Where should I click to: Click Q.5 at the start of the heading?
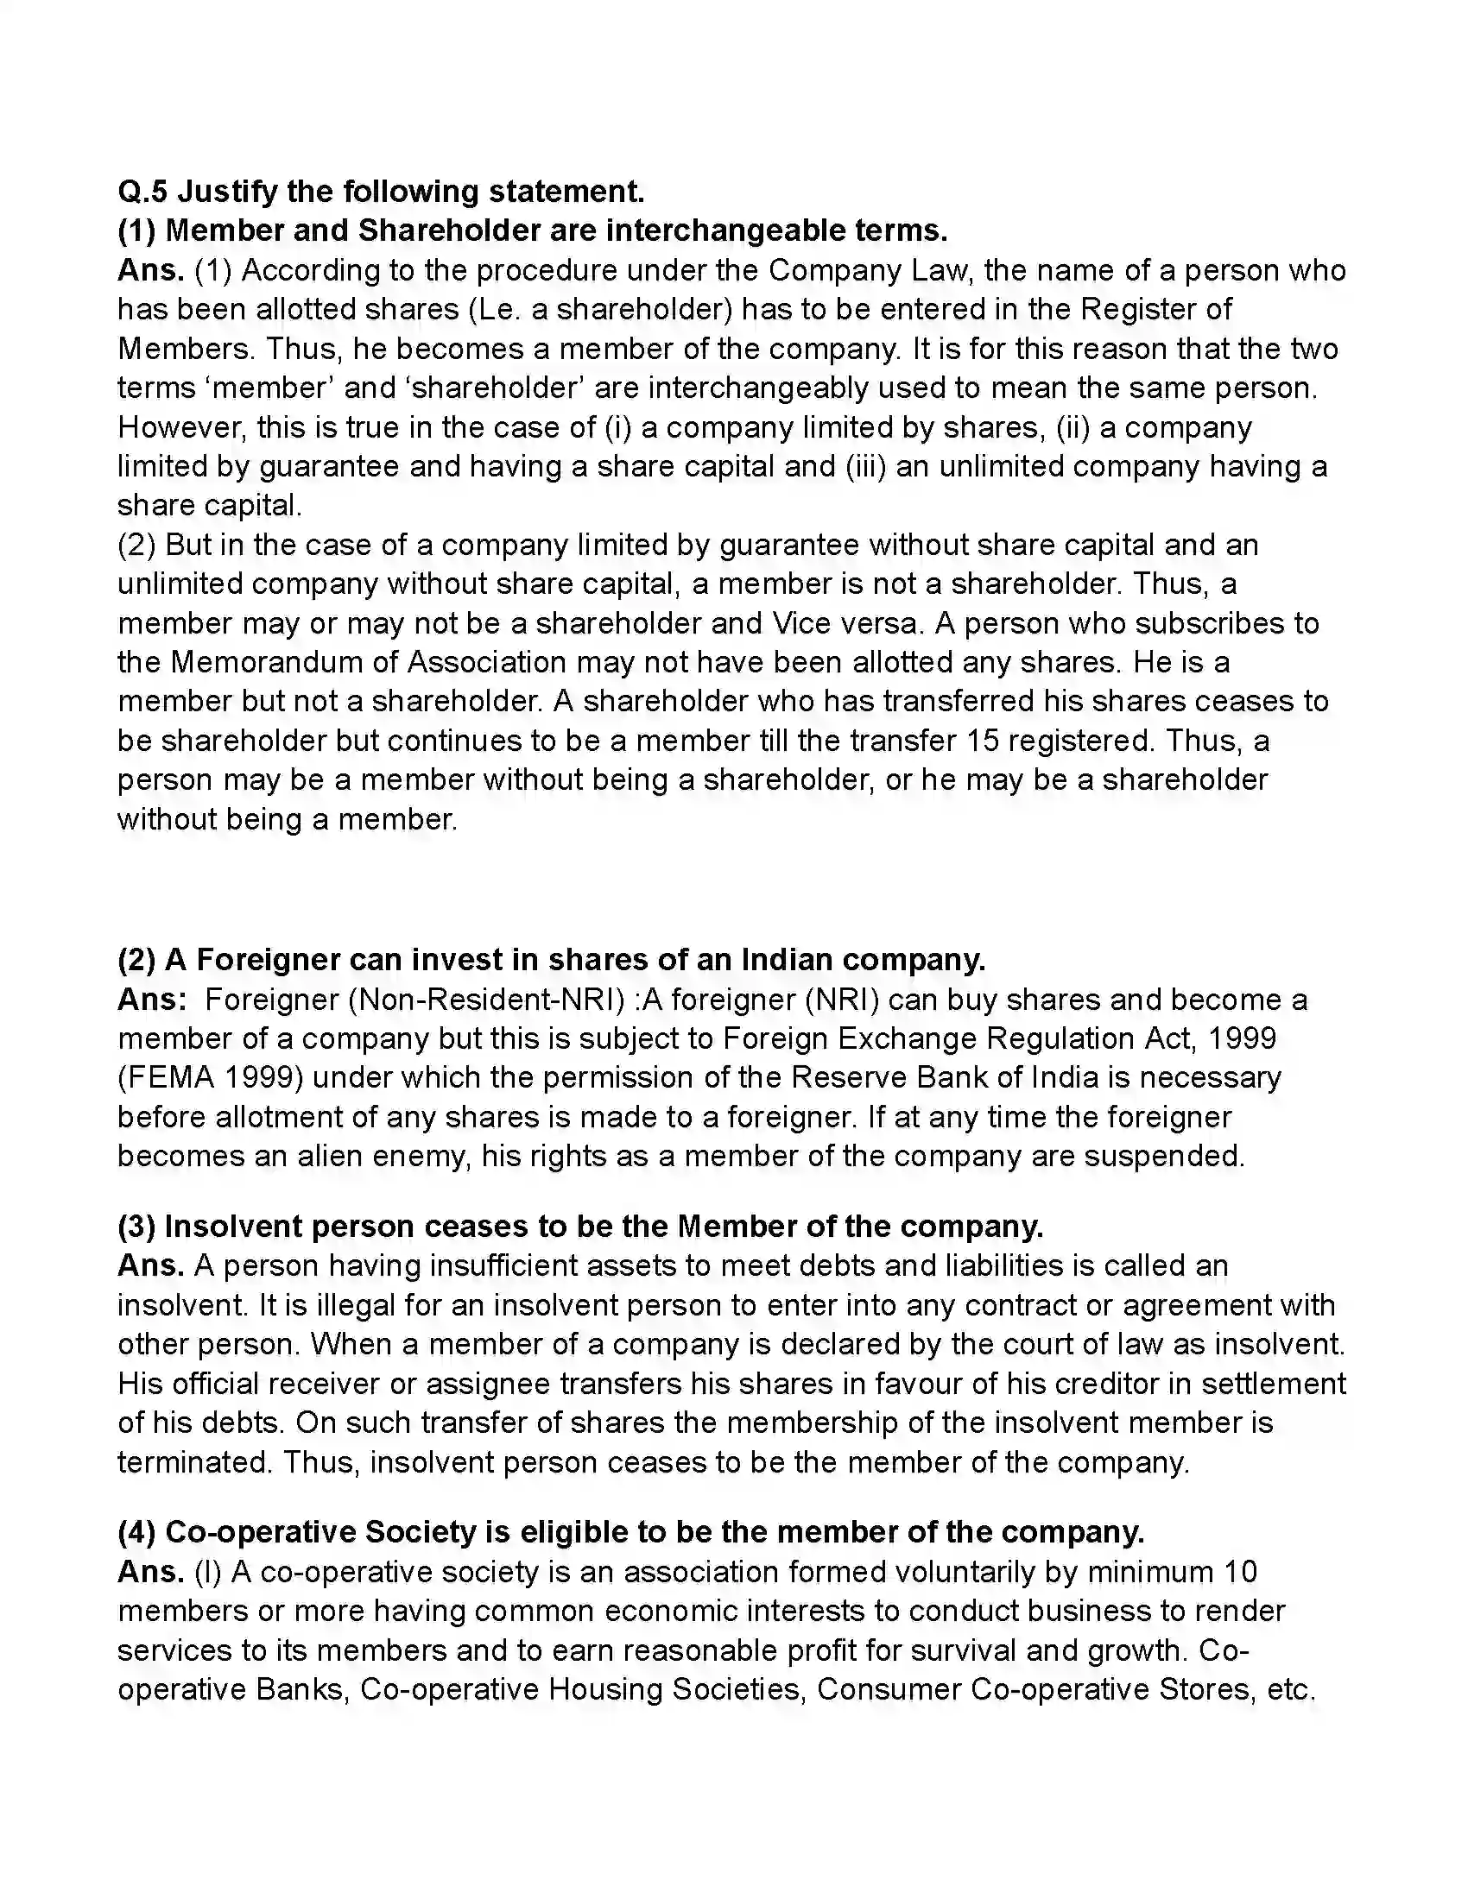click(142, 192)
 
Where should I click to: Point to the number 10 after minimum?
click(1240, 1572)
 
